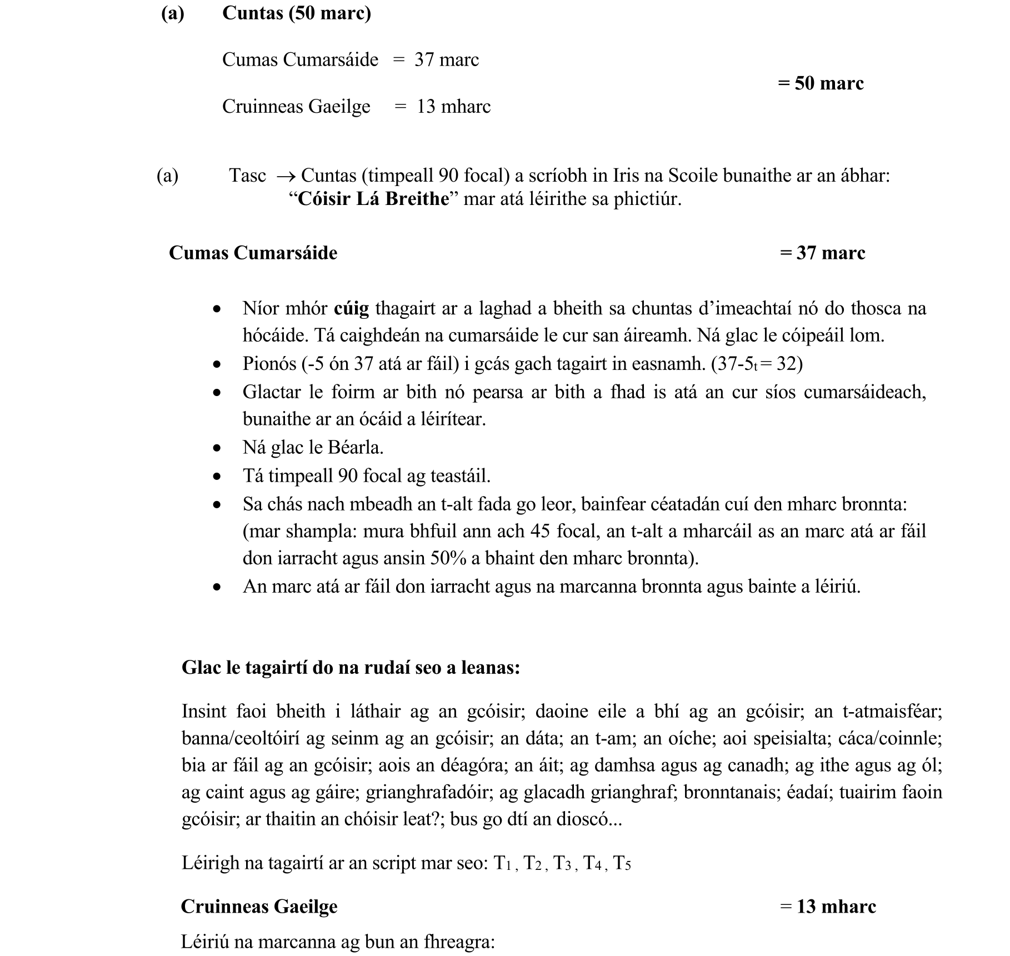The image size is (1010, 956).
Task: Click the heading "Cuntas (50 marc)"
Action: [296, 13]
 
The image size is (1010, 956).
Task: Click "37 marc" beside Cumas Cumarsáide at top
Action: [446, 60]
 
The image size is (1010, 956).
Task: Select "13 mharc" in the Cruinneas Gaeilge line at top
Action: [453, 107]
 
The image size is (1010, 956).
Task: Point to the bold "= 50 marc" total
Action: [821, 83]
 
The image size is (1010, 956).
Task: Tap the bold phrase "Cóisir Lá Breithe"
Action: [373, 199]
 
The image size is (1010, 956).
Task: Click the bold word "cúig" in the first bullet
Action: [351, 308]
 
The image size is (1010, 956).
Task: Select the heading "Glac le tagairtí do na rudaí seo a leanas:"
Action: [351, 667]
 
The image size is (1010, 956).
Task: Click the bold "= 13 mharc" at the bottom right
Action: [828, 907]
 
